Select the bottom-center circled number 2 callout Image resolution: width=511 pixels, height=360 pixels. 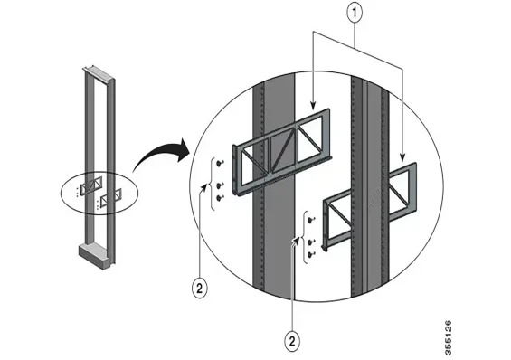coord(293,340)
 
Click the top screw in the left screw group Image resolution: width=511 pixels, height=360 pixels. coord(221,162)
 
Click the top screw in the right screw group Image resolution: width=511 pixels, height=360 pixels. coord(311,218)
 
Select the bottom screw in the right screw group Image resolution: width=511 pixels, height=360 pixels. coord(311,257)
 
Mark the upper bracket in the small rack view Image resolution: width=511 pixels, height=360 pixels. coord(90,185)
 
